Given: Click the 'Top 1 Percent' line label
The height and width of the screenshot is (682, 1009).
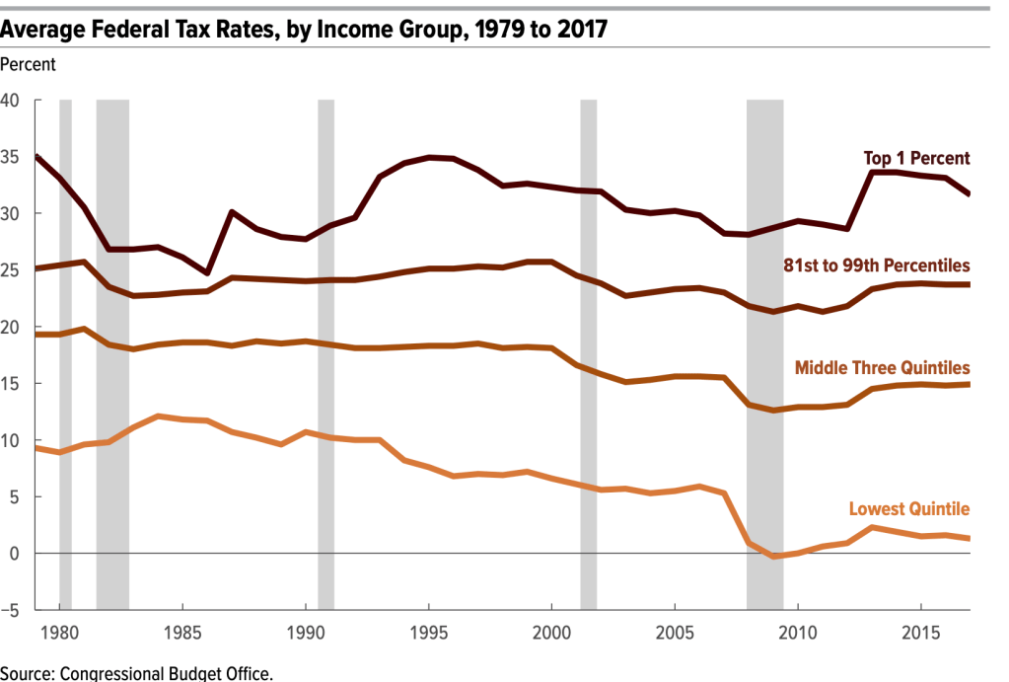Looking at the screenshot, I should [916, 158].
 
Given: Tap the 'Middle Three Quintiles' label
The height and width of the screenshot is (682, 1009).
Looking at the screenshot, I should [882, 367].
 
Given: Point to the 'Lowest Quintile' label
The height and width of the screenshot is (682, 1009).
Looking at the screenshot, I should [909, 509].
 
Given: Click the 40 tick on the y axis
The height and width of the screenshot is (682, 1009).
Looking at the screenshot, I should [11, 101].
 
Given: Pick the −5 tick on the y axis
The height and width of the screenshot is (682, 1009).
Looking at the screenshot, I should [11, 611].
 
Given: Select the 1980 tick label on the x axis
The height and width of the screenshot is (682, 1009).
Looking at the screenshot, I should [59, 633].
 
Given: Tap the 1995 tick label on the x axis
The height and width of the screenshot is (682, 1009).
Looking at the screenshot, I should [428, 633].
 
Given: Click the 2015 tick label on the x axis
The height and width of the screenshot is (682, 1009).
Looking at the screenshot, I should [919, 633].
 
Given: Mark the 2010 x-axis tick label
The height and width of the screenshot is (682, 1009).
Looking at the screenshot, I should [797, 633].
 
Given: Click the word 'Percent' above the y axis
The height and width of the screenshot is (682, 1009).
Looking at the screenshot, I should [29, 64].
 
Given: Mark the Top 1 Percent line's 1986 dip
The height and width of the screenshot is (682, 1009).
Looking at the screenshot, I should [207, 272].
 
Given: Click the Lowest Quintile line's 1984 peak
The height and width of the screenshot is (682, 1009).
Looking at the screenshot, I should [158, 417].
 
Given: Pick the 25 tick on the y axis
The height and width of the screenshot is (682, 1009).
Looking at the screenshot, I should [11, 270].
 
